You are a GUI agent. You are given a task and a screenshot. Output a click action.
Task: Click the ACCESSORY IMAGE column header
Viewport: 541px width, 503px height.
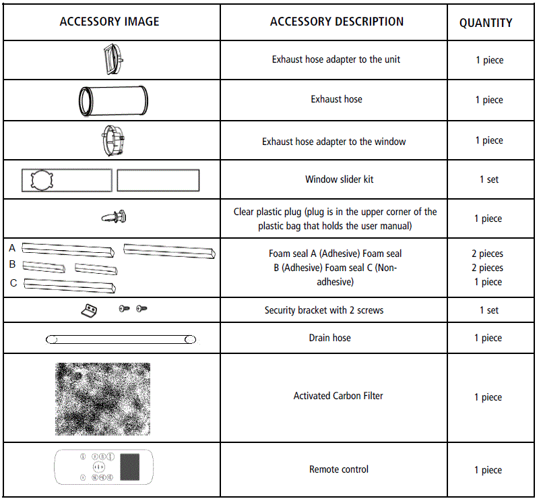[109, 22]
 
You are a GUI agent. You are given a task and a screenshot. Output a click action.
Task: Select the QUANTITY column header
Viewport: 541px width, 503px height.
[486, 23]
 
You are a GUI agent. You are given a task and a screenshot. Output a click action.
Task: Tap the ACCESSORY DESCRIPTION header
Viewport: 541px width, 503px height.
[337, 22]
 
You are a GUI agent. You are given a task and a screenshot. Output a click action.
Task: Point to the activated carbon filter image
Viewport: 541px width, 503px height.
[102, 398]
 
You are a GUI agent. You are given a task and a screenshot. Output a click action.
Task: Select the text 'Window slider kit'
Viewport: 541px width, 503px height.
[339, 179]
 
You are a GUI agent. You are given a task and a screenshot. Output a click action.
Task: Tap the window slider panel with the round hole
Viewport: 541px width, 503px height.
[66, 180]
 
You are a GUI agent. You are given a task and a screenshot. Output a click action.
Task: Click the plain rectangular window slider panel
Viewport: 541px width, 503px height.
[158, 180]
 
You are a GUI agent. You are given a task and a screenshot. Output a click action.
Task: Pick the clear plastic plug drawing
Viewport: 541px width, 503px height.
[114, 216]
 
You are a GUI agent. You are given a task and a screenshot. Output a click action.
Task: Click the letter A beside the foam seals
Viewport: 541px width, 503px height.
[12, 248]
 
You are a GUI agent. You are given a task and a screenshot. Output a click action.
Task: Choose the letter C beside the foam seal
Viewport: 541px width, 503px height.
[13, 283]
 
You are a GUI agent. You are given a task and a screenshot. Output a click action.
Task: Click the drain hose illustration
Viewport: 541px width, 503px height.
[121, 339]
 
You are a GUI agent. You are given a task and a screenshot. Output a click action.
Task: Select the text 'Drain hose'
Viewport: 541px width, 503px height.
[329, 337]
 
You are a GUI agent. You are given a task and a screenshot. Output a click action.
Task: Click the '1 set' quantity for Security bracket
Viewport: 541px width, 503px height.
[489, 310]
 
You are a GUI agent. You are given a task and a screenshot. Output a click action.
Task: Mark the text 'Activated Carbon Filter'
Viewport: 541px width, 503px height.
[338, 396]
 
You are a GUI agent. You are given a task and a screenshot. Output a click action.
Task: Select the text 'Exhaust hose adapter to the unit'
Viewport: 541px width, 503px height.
[336, 59]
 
